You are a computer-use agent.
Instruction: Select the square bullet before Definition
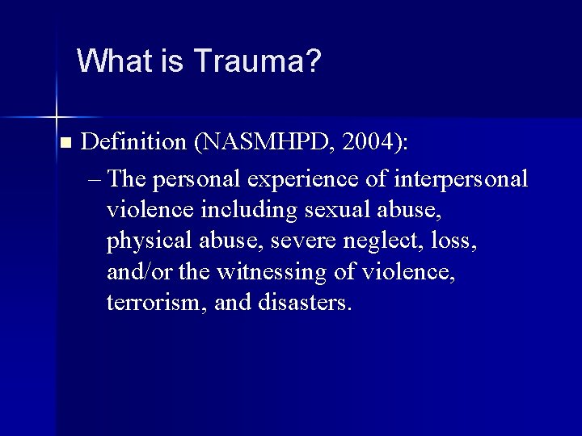point(65,143)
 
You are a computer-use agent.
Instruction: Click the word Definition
point(134,143)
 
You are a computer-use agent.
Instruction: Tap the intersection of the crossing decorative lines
point(57,110)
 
